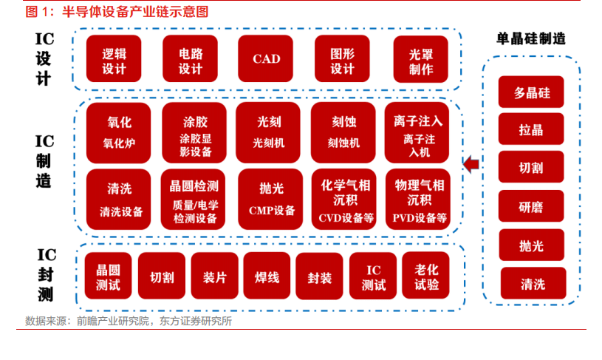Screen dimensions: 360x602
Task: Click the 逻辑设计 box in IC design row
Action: point(114,59)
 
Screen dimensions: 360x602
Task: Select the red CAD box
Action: point(267,59)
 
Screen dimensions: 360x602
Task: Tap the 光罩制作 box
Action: point(420,59)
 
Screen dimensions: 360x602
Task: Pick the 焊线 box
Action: point(267,276)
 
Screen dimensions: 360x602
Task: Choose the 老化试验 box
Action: point(426,276)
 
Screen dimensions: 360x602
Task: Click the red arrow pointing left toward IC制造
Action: point(471,163)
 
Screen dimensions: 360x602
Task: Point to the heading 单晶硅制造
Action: point(536,39)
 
